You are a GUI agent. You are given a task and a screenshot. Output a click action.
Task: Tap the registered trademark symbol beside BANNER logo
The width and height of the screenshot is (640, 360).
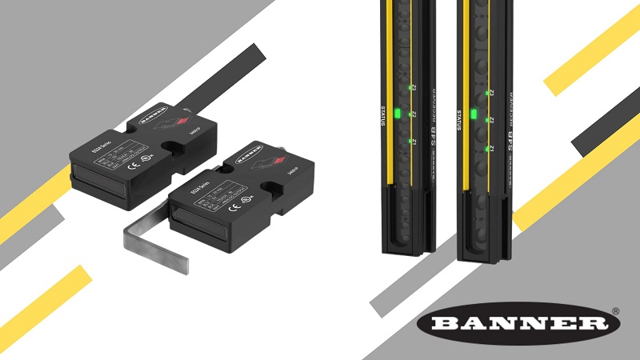coord(615,310)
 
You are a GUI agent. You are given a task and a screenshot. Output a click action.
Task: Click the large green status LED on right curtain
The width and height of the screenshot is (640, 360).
coord(473,114)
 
